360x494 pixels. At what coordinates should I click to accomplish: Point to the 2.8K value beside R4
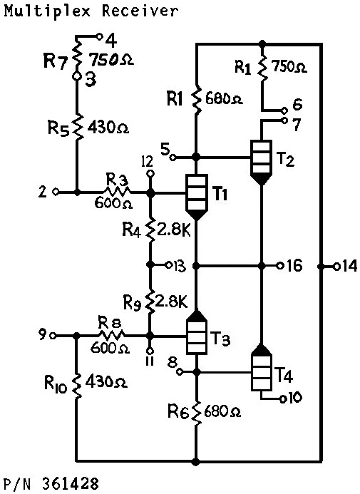[176, 230]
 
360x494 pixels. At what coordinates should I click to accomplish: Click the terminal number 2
[43, 192]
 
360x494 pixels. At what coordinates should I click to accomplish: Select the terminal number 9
[42, 334]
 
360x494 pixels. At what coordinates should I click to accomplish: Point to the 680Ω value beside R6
[223, 411]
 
